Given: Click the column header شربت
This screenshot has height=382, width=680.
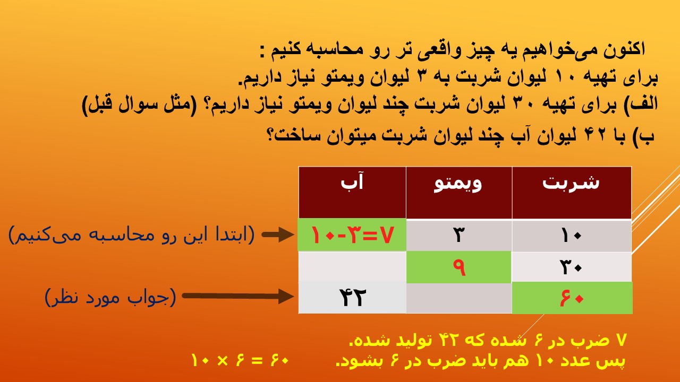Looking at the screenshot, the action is [x=572, y=193].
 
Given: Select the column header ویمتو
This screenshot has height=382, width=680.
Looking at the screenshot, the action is [x=459, y=193].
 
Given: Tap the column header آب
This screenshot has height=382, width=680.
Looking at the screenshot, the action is [x=352, y=193].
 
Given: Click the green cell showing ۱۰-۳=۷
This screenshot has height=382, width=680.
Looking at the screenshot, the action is [x=352, y=235].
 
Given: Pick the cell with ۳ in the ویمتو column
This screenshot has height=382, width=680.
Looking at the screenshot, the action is [x=459, y=236].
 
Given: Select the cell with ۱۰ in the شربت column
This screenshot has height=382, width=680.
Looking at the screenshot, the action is [x=572, y=236].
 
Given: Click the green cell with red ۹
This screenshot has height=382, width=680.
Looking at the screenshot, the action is [x=458, y=267].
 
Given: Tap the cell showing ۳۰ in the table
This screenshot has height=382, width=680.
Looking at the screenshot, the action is [x=572, y=267].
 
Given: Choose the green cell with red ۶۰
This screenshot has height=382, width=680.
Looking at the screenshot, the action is [x=572, y=298].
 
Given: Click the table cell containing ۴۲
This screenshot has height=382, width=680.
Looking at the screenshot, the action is [x=352, y=298].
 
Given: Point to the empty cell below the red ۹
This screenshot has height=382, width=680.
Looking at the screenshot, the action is [x=459, y=298].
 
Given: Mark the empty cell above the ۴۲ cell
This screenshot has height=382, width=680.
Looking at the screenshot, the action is [x=352, y=267].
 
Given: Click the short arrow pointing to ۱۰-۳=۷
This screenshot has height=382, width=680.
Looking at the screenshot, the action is [x=278, y=235].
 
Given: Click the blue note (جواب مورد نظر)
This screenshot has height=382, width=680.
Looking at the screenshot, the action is [x=110, y=297].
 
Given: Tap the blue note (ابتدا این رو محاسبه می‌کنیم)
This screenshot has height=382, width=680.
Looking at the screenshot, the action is [x=131, y=235].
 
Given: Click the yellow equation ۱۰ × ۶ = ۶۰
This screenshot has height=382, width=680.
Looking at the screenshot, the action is [x=240, y=360].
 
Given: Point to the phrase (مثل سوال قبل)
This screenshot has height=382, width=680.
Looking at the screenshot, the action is [x=140, y=104].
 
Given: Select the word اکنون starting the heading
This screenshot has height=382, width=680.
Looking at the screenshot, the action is [x=624, y=50].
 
